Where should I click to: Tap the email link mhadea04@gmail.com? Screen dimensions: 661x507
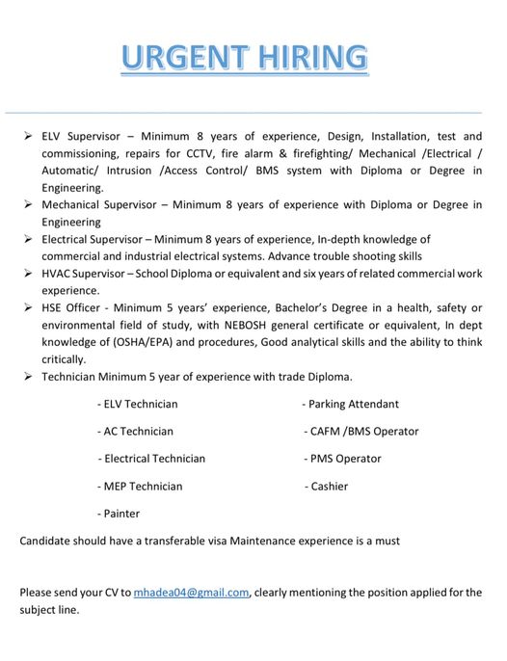[x=191, y=592]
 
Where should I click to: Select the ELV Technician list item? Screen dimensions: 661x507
[x=138, y=404]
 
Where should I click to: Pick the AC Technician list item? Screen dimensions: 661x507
[x=136, y=432]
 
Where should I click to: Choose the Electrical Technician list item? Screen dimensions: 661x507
[x=151, y=459]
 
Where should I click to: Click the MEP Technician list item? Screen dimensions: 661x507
[x=140, y=487]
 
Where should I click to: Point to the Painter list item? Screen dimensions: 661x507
[x=119, y=514]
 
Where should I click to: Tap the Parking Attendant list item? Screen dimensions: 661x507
[x=350, y=404]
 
